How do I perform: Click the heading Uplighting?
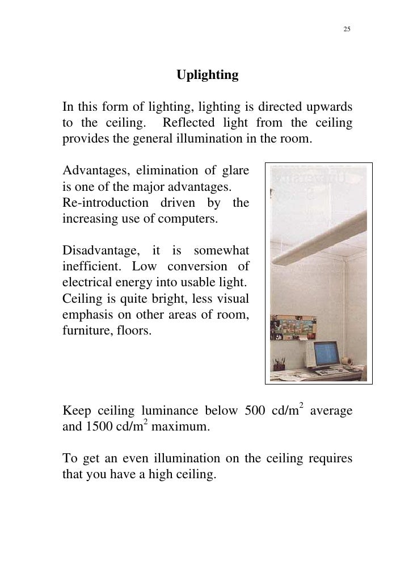click(x=207, y=75)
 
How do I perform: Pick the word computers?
click(x=188, y=219)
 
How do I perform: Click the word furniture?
click(x=86, y=329)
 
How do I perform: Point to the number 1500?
click(x=99, y=427)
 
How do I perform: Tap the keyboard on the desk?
click(x=332, y=373)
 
